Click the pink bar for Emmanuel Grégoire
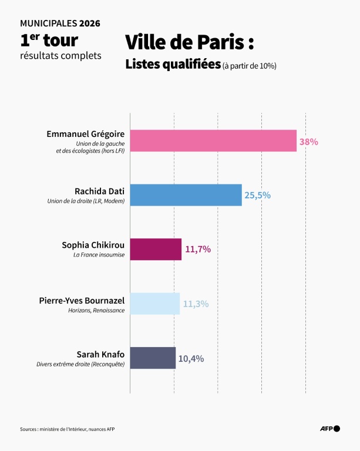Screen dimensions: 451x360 [213, 141]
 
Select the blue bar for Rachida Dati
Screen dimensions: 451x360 [186, 195]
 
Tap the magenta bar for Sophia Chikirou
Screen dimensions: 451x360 [156, 249]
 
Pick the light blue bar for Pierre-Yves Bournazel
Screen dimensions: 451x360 [155, 304]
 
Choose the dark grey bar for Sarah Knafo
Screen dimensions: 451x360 [153, 358]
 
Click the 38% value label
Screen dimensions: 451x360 [308, 142]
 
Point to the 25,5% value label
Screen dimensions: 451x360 [257, 195]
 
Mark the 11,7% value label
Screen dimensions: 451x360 [197, 249]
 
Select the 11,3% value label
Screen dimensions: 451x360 [196, 304]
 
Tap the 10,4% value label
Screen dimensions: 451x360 [191, 358]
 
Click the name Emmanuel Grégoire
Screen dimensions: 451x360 [86, 134]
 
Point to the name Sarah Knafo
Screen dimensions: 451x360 [100, 354]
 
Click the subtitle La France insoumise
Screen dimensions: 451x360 [99, 255]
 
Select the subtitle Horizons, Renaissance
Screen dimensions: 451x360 [96, 309]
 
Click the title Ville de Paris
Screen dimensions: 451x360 [189, 43]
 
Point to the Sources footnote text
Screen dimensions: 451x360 [67, 429]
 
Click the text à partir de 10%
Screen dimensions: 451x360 [250, 66]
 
